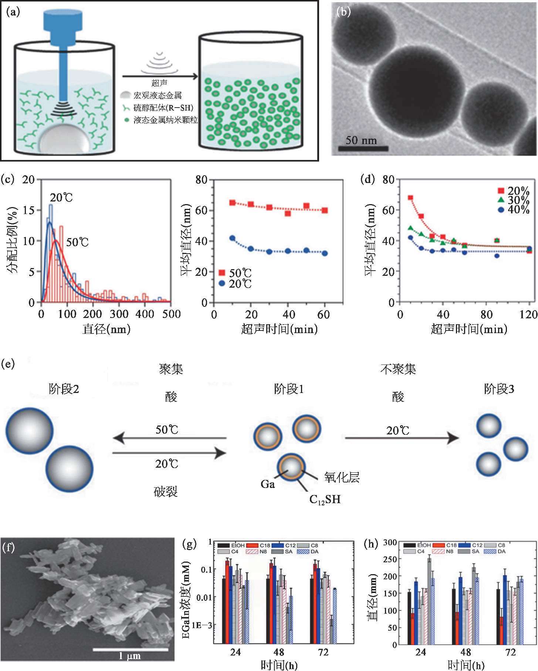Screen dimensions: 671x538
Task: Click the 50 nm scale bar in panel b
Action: (x=363, y=149)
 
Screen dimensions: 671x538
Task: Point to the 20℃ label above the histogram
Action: (x=62, y=198)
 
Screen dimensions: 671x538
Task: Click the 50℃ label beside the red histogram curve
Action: (x=78, y=243)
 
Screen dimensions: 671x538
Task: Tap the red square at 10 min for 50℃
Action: (x=233, y=203)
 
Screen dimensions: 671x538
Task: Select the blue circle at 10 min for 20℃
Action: (x=233, y=238)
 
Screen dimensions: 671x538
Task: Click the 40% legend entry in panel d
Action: (x=514, y=210)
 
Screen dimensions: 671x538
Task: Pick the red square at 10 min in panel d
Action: (x=410, y=198)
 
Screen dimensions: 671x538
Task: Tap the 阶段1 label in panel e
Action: (x=289, y=389)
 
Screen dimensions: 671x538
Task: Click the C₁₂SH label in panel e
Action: (x=325, y=500)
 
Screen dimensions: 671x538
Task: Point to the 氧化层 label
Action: (x=342, y=477)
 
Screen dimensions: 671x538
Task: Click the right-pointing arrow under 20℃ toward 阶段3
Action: (x=402, y=438)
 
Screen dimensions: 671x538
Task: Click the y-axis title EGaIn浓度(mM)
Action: (x=187, y=599)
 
